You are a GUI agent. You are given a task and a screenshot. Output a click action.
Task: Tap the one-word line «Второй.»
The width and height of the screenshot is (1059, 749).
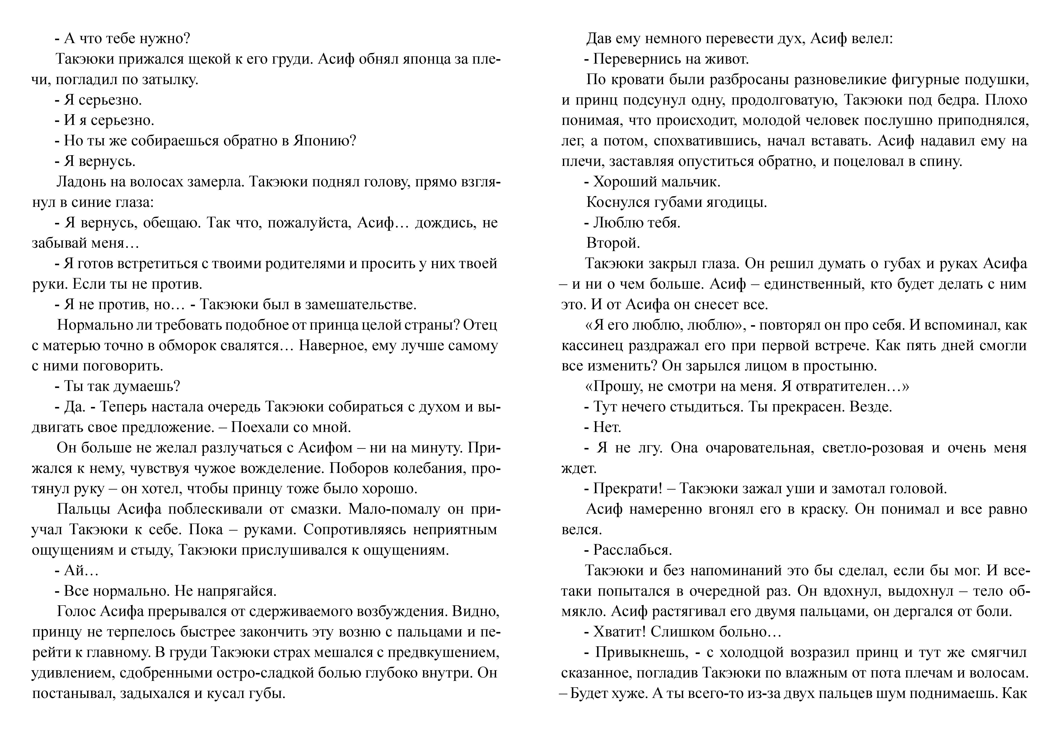point(613,243)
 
